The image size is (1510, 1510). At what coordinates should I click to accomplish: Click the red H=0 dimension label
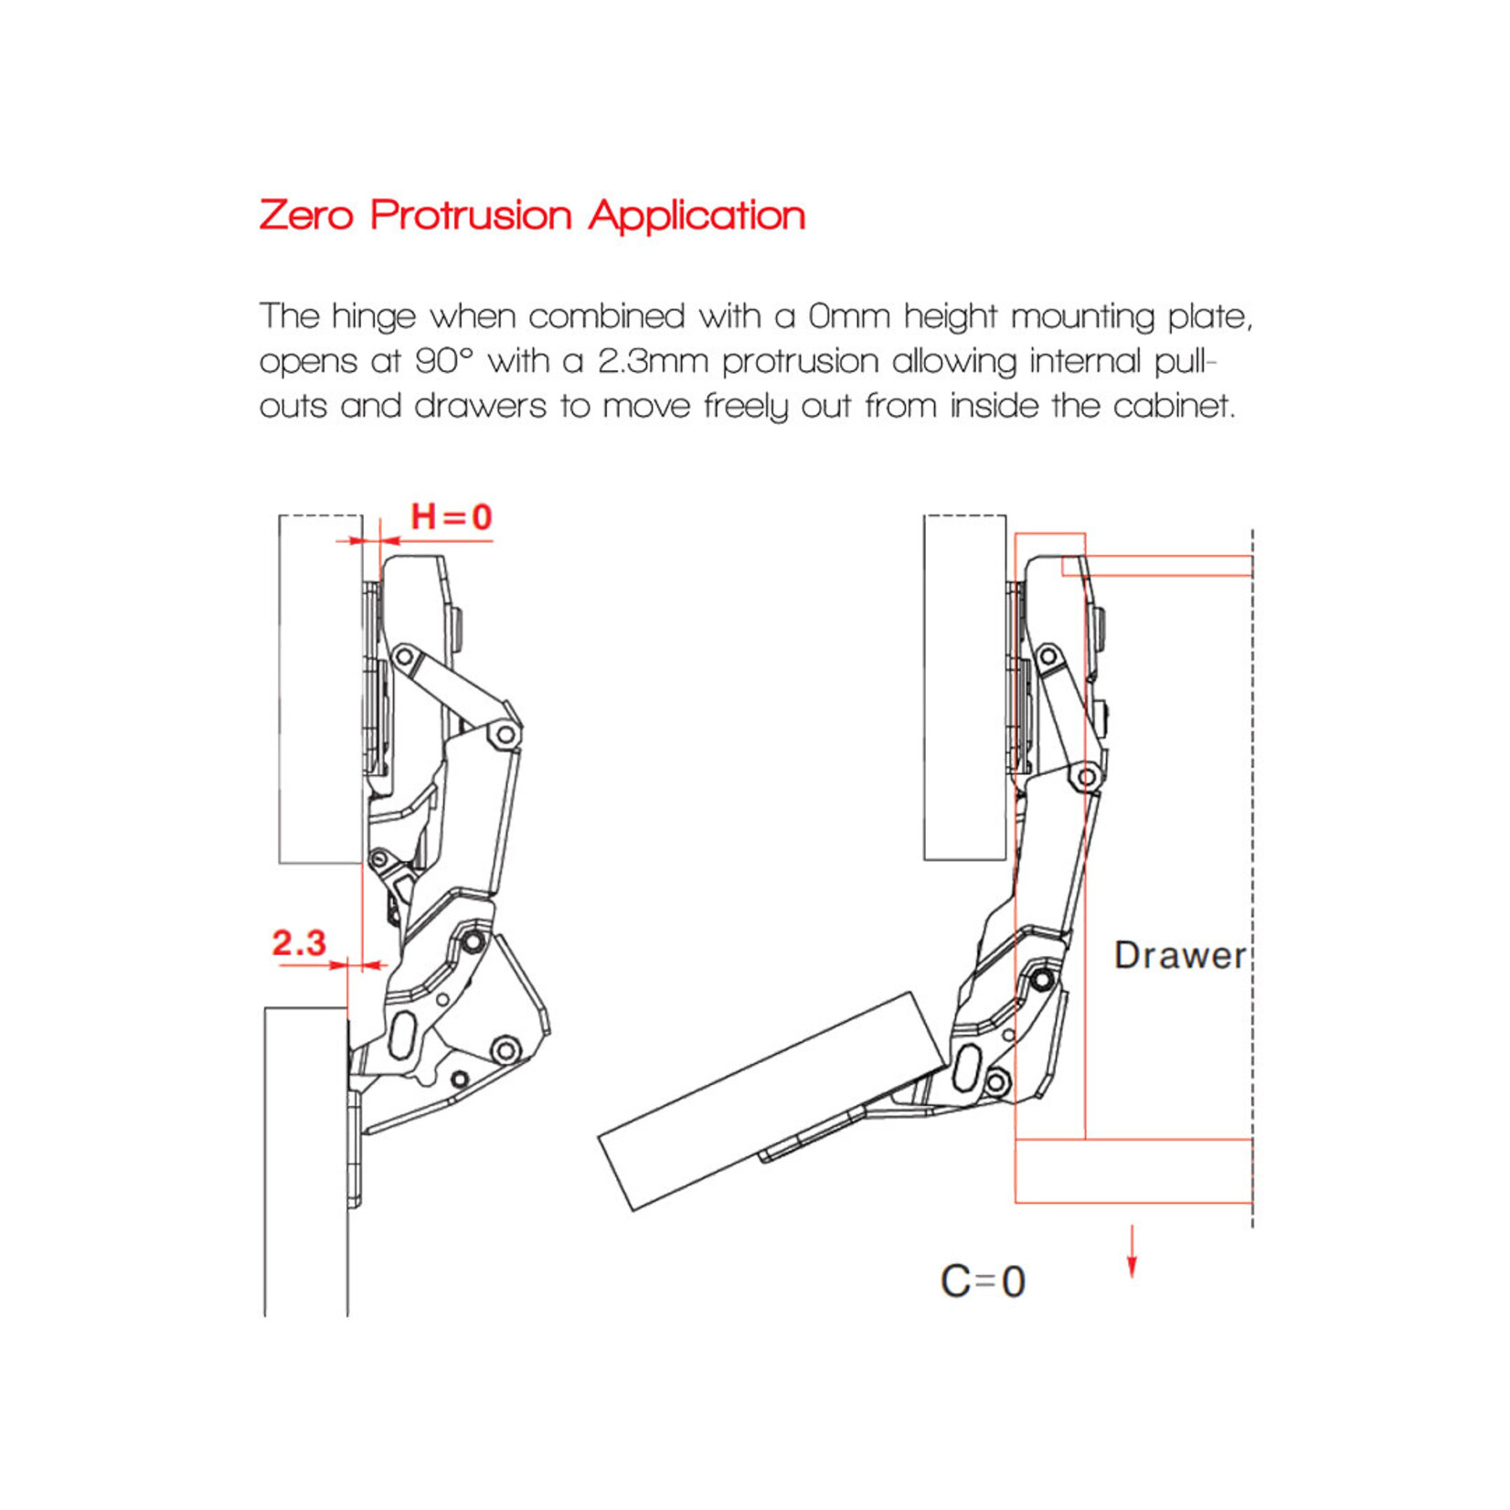coord(451,517)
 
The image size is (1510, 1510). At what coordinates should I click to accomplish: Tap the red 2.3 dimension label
coord(299,943)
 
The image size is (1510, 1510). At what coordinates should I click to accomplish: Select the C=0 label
coord(983,1281)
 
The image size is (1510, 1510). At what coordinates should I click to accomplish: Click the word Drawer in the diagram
coord(1179,956)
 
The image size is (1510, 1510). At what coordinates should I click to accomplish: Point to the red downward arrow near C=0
coord(1132,1252)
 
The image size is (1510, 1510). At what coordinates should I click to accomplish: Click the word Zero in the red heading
coord(306,216)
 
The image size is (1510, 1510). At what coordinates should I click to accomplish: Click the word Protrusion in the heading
coord(471,216)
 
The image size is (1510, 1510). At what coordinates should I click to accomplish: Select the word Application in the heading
coord(697,216)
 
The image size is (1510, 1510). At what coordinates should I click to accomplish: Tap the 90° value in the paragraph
coord(444,362)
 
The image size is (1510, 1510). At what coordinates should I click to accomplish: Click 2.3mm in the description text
coord(653,362)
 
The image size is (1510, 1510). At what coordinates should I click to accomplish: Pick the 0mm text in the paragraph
coord(849,317)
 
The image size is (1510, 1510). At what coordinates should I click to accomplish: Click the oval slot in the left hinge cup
coord(402,1035)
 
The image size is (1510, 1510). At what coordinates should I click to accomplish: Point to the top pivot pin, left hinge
coord(404,656)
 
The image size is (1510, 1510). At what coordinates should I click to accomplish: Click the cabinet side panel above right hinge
coord(964,686)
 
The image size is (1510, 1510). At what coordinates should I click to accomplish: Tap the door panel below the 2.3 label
coord(306,1161)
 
